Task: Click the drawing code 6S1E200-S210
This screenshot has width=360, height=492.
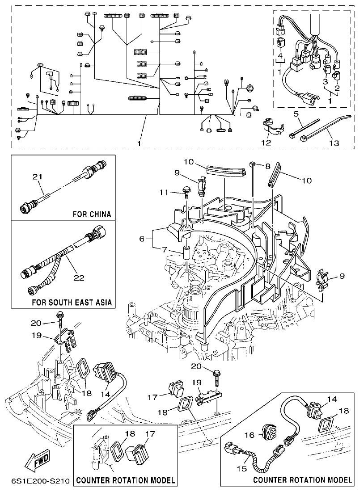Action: [x=40, y=482]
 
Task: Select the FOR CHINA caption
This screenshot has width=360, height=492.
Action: [x=92, y=214]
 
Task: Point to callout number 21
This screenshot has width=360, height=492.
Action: [x=38, y=177]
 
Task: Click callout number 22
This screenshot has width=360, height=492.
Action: [x=79, y=278]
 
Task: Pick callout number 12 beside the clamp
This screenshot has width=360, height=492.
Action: [x=267, y=143]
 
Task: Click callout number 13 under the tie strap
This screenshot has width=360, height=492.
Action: [x=334, y=143]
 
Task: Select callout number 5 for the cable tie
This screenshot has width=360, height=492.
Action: [x=296, y=114]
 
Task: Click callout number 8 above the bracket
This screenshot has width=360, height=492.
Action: [x=268, y=166]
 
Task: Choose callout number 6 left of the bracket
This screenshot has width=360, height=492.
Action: [x=142, y=239]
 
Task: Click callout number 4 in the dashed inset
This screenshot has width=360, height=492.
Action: [x=280, y=56]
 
